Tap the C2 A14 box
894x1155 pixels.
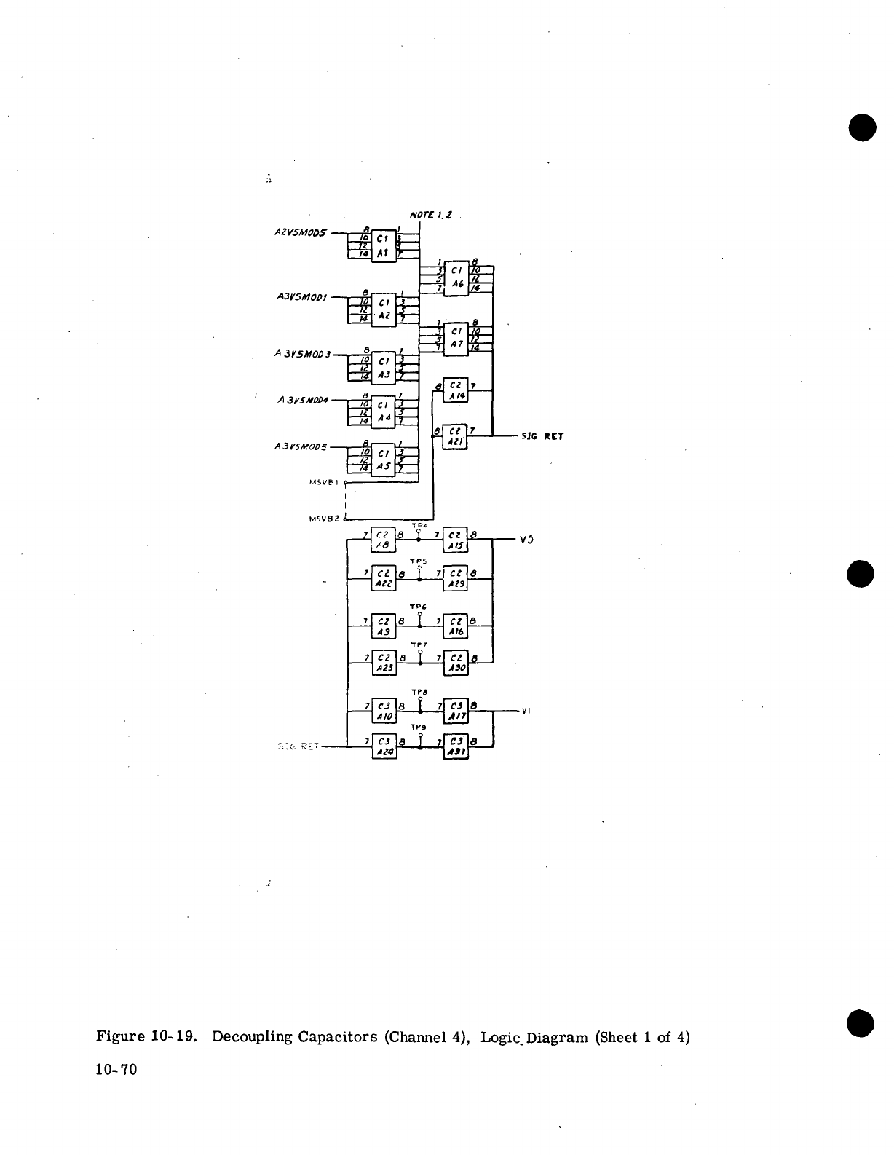456,390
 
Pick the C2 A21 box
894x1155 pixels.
456,436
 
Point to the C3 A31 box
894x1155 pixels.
456,746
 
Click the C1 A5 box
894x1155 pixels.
383,460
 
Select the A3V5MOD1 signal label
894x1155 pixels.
303,297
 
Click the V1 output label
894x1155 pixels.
526,711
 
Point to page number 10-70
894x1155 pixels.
116,1069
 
